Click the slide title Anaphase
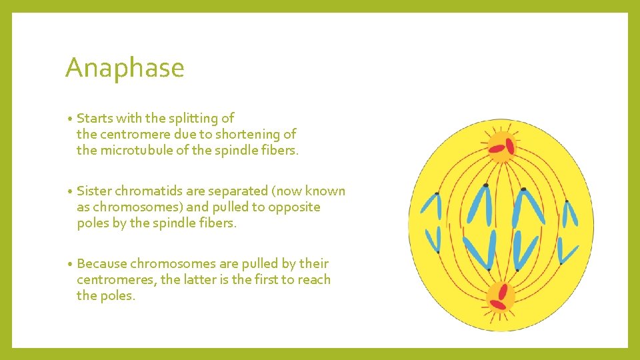125,68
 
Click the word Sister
95,191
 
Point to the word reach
314,280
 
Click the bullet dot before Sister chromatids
70,192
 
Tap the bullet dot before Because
70,265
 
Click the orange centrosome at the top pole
501,145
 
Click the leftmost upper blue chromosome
429,207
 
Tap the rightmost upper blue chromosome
570,213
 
